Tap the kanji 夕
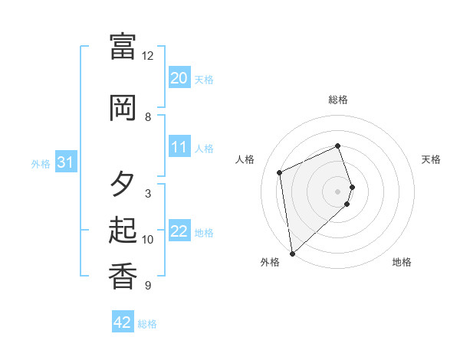coord(123,184)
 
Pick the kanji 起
coord(123,230)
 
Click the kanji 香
coord(123,276)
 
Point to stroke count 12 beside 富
coord(148,56)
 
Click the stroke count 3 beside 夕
coord(148,194)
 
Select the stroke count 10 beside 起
coord(148,240)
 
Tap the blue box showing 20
coord(179,78)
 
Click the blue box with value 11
coord(179,147)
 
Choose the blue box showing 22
coord(179,231)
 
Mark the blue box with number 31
coord(65,162)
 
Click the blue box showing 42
coord(123,322)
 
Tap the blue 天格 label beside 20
coord(203,80)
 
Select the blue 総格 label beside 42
coord(147,324)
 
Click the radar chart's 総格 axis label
coord(338,100)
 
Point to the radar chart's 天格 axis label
coord(432,159)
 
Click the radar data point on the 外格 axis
coord(292,253)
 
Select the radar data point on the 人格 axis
coord(280,172)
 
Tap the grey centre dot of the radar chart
coord(338,191)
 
